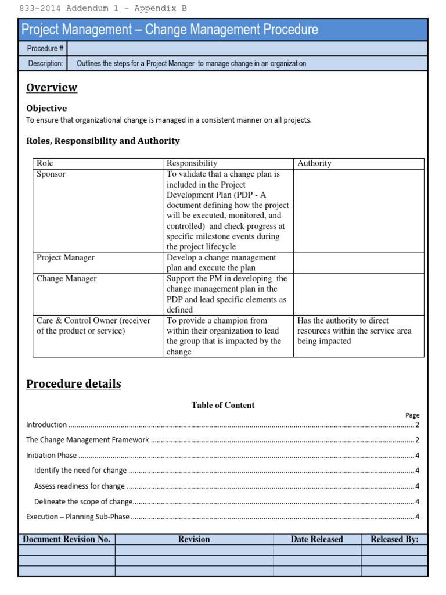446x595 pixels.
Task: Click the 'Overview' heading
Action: (52, 88)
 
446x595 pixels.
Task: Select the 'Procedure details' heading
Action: (74, 384)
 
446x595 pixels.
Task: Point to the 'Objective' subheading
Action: (46, 108)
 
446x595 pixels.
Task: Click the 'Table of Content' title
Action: (223, 405)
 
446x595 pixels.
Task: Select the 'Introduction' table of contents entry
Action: (47, 425)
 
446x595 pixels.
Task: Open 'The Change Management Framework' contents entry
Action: (88, 440)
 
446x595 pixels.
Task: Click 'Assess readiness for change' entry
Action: (80, 486)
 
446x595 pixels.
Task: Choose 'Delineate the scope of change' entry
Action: (84, 501)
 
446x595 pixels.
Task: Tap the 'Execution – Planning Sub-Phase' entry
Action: (78, 517)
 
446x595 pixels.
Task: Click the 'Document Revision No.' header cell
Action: (66, 539)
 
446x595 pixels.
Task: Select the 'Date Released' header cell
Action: (316, 539)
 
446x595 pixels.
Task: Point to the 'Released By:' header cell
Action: (394, 539)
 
